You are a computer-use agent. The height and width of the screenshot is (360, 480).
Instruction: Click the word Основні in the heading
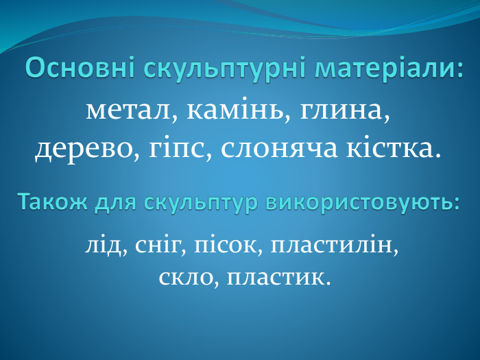pos(81,69)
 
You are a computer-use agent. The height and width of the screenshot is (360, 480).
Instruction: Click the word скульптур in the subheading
pos(202,203)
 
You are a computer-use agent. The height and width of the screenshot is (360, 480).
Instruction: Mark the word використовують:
pos(363,203)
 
